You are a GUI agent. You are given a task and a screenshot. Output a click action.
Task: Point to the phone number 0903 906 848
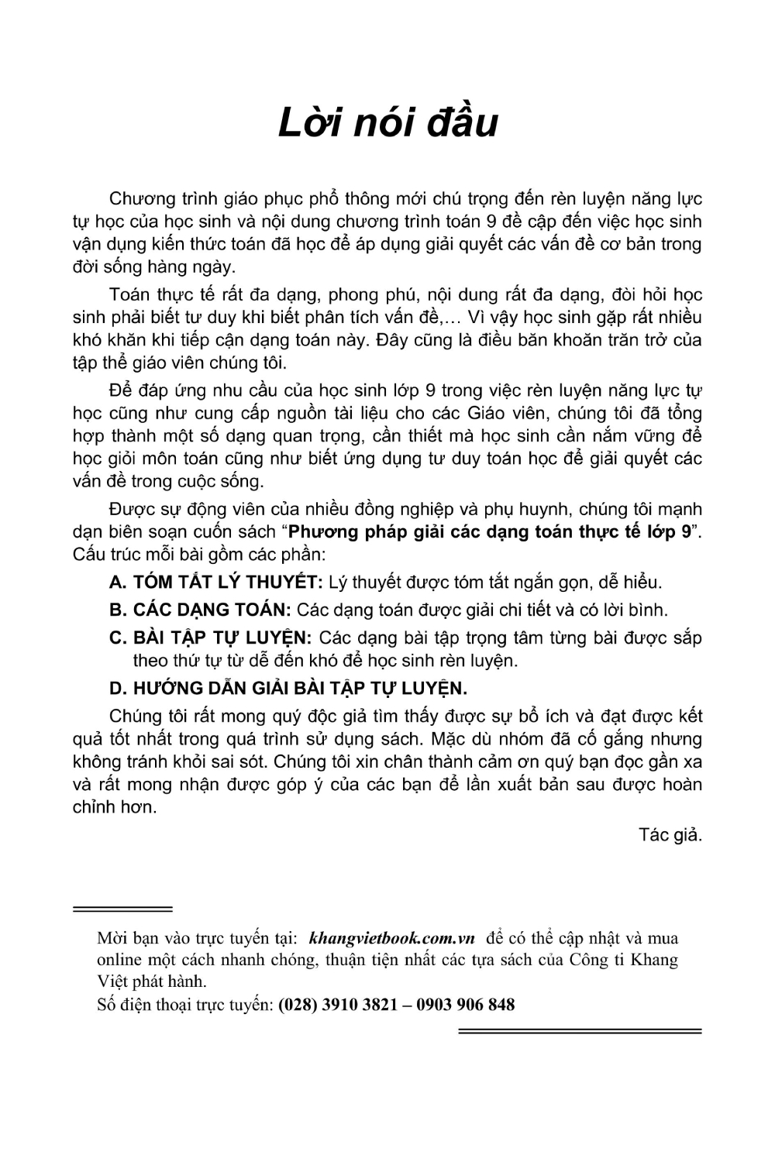point(466,1005)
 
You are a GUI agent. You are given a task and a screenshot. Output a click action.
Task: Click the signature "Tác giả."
point(670,835)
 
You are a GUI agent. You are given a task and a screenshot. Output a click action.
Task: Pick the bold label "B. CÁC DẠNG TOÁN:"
point(200,610)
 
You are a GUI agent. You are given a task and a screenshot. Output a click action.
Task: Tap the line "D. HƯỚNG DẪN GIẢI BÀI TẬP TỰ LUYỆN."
point(288,688)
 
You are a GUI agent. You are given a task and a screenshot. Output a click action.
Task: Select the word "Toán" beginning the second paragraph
point(129,295)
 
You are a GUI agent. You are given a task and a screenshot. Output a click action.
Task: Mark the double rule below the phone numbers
point(580,1031)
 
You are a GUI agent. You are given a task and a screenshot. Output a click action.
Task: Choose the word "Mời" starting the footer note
point(112,938)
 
